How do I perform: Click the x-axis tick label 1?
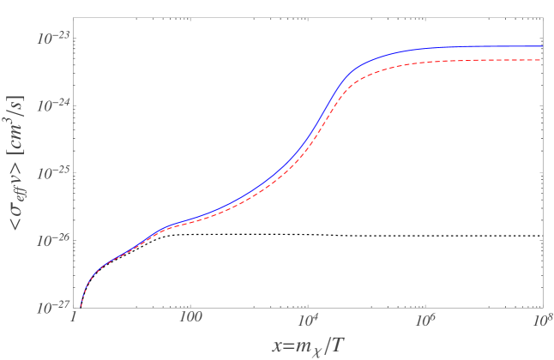click(x=75, y=319)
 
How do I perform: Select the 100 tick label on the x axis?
click(x=190, y=319)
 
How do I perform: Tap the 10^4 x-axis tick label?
click(x=307, y=318)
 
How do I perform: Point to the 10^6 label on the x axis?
click(x=424, y=318)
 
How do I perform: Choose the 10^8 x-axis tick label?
click(x=539, y=318)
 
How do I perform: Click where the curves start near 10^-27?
click(x=81, y=303)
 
